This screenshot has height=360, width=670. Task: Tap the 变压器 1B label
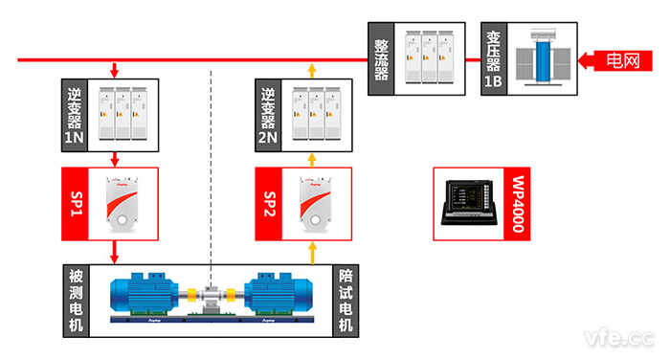pyautogui.click(x=494, y=60)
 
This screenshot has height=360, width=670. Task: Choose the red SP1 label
pyautogui.click(x=76, y=204)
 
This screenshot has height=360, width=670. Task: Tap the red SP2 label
pyautogui.click(x=270, y=204)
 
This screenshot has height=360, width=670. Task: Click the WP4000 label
pyautogui.click(x=520, y=204)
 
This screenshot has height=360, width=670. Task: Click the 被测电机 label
pyautogui.click(x=76, y=300)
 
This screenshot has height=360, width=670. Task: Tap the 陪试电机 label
pyautogui.click(x=346, y=300)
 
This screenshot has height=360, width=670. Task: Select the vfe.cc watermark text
pyautogui.click(x=621, y=336)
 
